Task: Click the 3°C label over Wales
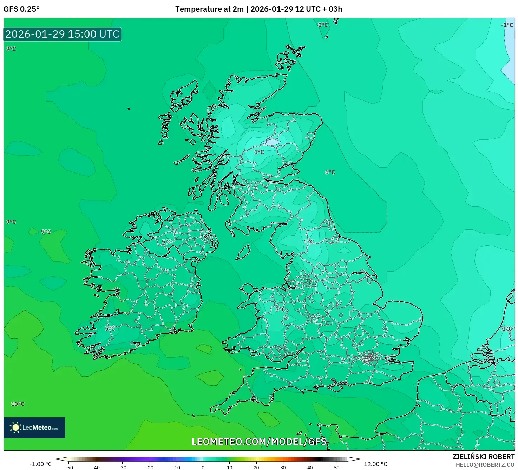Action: pos(280,309)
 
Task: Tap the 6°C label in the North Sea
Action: pos(330,172)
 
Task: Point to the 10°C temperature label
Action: pos(18,404)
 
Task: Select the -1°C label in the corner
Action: pos(507,25)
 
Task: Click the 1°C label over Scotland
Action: pos(259,152)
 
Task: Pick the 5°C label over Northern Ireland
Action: pos(166,242)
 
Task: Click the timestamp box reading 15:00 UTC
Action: pos(63,34)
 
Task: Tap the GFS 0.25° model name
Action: pos(21,9)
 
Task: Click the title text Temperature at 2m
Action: pos(209,9)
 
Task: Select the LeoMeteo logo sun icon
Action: pos(15,427)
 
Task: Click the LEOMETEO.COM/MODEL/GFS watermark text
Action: pos(259,442)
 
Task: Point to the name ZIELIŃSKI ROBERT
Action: pos(483,457)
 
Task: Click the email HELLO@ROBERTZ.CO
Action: pos(485,465)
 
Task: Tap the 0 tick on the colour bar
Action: pos(203,467)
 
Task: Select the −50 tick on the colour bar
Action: pos(69,467)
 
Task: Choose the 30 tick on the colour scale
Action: pos(283,467)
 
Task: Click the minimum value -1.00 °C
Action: pos(40,464)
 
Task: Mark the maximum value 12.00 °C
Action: pos(375,464)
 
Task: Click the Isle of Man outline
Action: pos(244,252)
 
